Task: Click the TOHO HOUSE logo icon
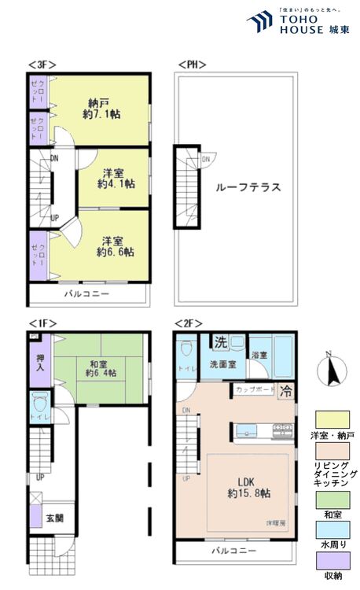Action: tap(259, 20)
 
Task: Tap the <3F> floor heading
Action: tap(41, 64)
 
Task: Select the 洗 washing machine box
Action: tap(222, 342)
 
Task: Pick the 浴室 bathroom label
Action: tap(260, 355)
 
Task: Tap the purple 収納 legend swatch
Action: tap(332, 559)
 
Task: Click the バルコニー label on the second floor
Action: tap(233, 551)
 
